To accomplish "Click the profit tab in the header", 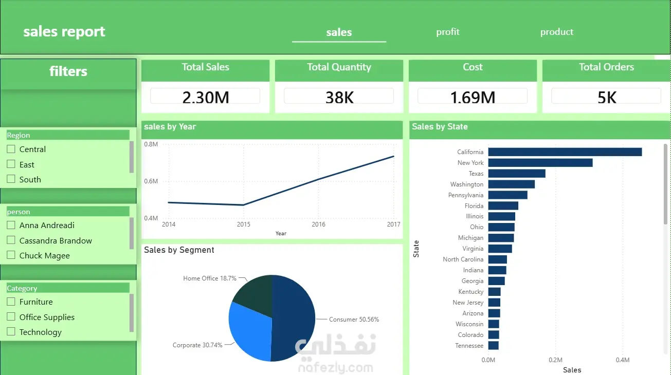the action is pos(447,32).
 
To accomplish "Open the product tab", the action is pos(556,32).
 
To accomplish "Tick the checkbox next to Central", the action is pos(11,149).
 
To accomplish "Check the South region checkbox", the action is pos(11,179).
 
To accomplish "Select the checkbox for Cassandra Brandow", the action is pos(11,240).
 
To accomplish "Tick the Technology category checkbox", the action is pos(11,331).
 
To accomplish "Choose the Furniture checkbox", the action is pos(11,302).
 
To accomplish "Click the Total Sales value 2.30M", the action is pos(206,98).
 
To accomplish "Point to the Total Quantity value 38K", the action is pos(339,98).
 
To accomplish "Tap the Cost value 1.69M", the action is pos(473,98).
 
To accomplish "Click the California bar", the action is pos(565,152).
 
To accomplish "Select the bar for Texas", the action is pos(517,174).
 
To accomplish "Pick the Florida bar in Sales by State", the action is pos(503,206).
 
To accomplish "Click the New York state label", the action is pos(470,163).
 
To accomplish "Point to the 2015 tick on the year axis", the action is pos(244,224).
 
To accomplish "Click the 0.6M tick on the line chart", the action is pos(151,181).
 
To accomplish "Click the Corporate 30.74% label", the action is pos(197,345).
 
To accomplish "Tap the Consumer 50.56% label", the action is pos(354,320).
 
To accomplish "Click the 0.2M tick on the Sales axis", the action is pos(555,360).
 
